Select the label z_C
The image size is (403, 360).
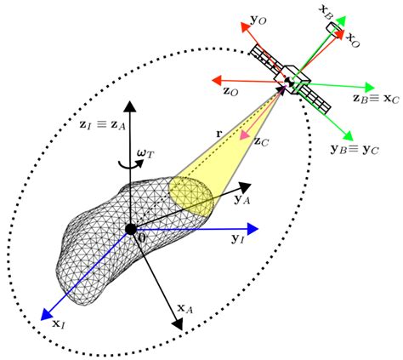point(262,141)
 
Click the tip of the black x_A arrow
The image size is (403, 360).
point(179,326)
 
